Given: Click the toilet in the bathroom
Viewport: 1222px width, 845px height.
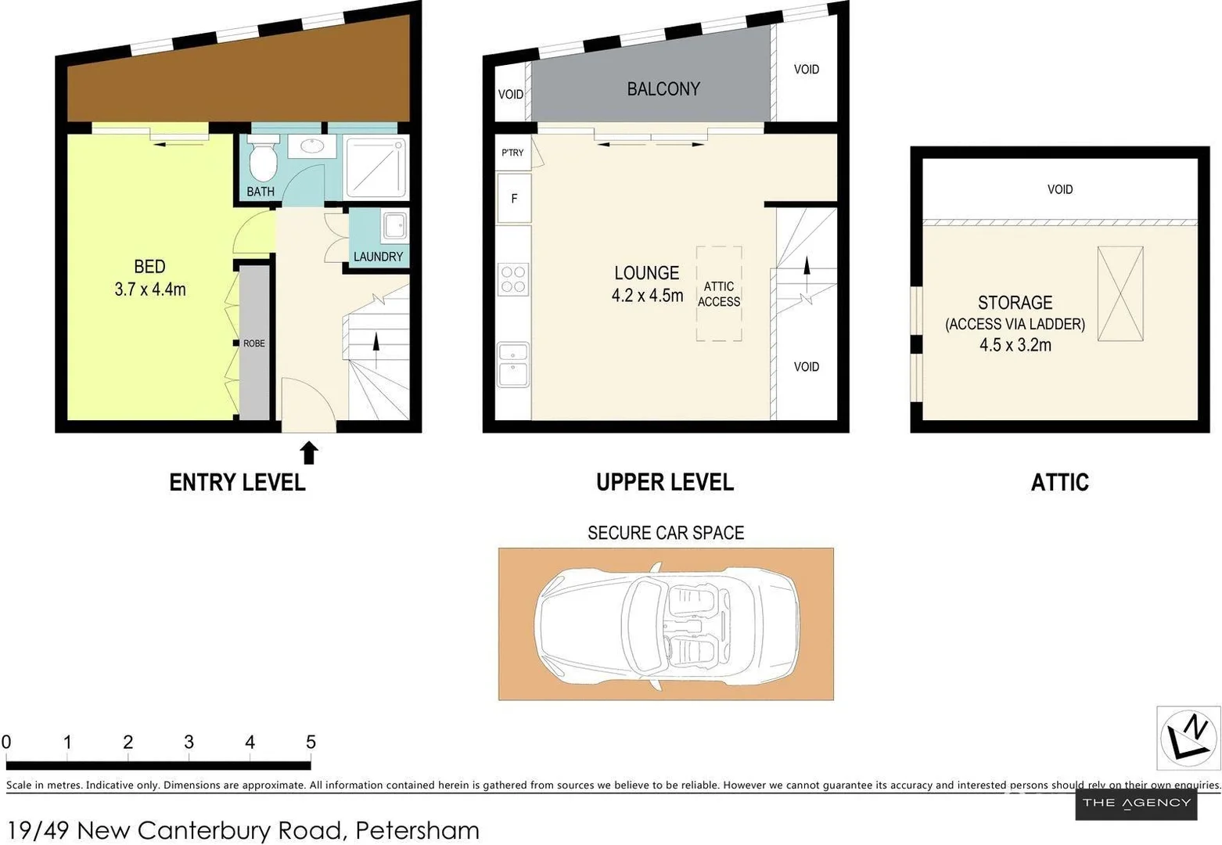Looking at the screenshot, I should point(263,160).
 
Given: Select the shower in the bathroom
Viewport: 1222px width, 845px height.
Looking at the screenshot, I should point(376,167).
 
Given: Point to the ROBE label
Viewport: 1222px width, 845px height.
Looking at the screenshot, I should point(253,343).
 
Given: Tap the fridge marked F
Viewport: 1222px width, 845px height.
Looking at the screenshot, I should point(514,199).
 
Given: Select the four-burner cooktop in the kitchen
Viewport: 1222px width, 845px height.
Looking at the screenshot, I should point(514,279).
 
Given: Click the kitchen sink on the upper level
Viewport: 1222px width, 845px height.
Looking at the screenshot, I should point(514,365).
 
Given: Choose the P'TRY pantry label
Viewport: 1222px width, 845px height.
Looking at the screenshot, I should point(512,153).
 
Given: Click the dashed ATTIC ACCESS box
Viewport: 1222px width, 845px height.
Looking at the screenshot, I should point(719,294).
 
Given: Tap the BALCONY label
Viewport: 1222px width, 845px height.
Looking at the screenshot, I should point(663,89).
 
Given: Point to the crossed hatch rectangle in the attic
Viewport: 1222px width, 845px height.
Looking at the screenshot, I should point(1120,293).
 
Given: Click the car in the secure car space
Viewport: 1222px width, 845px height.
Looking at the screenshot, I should point(667,624).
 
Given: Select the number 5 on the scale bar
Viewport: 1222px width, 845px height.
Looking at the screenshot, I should point(311,742).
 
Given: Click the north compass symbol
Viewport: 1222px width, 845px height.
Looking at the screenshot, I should point(1188,736).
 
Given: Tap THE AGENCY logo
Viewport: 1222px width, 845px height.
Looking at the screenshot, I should point(1136,803).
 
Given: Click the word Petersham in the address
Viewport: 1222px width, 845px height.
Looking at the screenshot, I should point(417,829).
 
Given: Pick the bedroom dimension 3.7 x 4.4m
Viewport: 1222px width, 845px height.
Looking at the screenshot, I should point(150,289).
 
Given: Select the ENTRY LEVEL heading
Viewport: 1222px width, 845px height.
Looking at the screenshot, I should point(237,482).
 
